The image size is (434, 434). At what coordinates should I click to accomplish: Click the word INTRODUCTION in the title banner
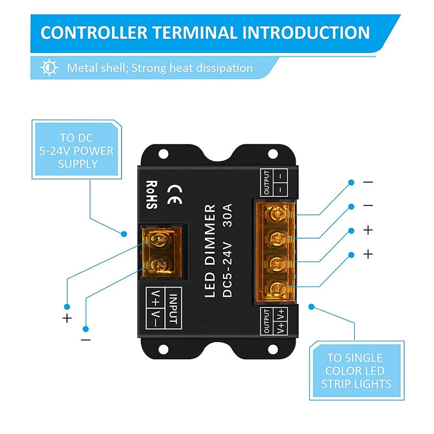pyautogui.click(x=306, y=33)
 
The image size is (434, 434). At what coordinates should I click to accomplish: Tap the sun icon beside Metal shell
pyautogui.click(x=50, y=68)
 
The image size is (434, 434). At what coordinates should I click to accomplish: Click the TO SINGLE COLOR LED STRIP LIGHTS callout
pyautogui.click(x=356, y=371)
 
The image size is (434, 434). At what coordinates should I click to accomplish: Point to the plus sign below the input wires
pyautogui.click(x=67, y=318)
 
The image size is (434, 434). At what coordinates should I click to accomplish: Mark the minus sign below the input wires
pyautogui.click(x=86, y=340)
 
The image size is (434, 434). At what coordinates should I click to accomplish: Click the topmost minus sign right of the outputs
pyautogui.click(x=368, y=183)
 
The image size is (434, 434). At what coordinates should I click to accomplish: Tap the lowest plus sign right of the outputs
pyautogui.click(x=368, y=254)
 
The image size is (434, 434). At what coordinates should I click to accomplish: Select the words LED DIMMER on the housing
pyautogui.click(x=212, y=250)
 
